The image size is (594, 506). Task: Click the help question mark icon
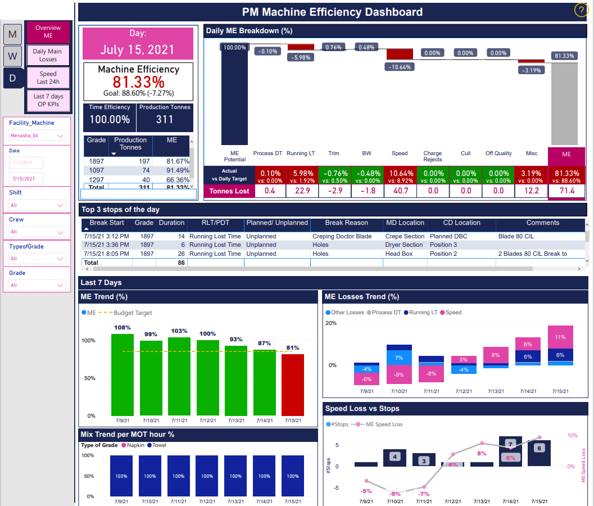click(x=581, y=11)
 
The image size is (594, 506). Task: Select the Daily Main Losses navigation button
click(x=48, y=55)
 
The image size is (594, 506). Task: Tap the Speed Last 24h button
click(x=48, y=78)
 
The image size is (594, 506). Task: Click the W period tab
click(x=12, y=56)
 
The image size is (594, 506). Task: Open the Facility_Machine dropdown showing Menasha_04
click(x=37, y=135)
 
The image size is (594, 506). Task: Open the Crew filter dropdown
click(x=37, y=232)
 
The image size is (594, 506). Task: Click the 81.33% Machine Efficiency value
click(x=138, y=82)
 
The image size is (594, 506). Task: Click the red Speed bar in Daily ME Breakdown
click(x=399, y=54)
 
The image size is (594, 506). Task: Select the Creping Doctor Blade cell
click(x=342, y=237)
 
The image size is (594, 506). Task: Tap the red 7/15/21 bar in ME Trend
click(x=293, y=385)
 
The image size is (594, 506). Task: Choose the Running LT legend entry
click(x=423, y=312)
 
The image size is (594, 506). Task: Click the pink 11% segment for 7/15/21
click(x=560, y=337)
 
